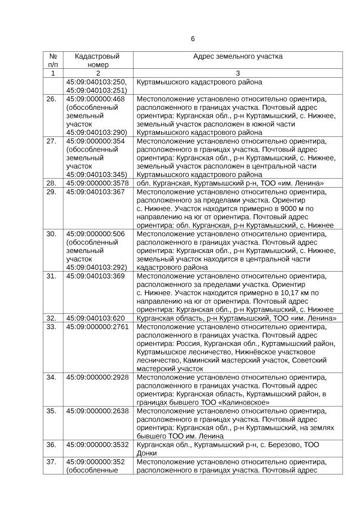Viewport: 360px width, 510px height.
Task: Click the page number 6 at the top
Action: click(x=193, y=39)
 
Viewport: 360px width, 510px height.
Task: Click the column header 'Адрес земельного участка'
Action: click(x=238, y=57)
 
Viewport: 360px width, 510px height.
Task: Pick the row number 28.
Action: click(x=52, y=183)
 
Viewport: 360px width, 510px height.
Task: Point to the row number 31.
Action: click(x=52, y=276)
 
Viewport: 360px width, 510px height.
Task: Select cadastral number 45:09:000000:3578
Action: click(x=99, y=183)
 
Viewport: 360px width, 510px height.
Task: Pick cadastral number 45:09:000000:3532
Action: click(x=99, y=445)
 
